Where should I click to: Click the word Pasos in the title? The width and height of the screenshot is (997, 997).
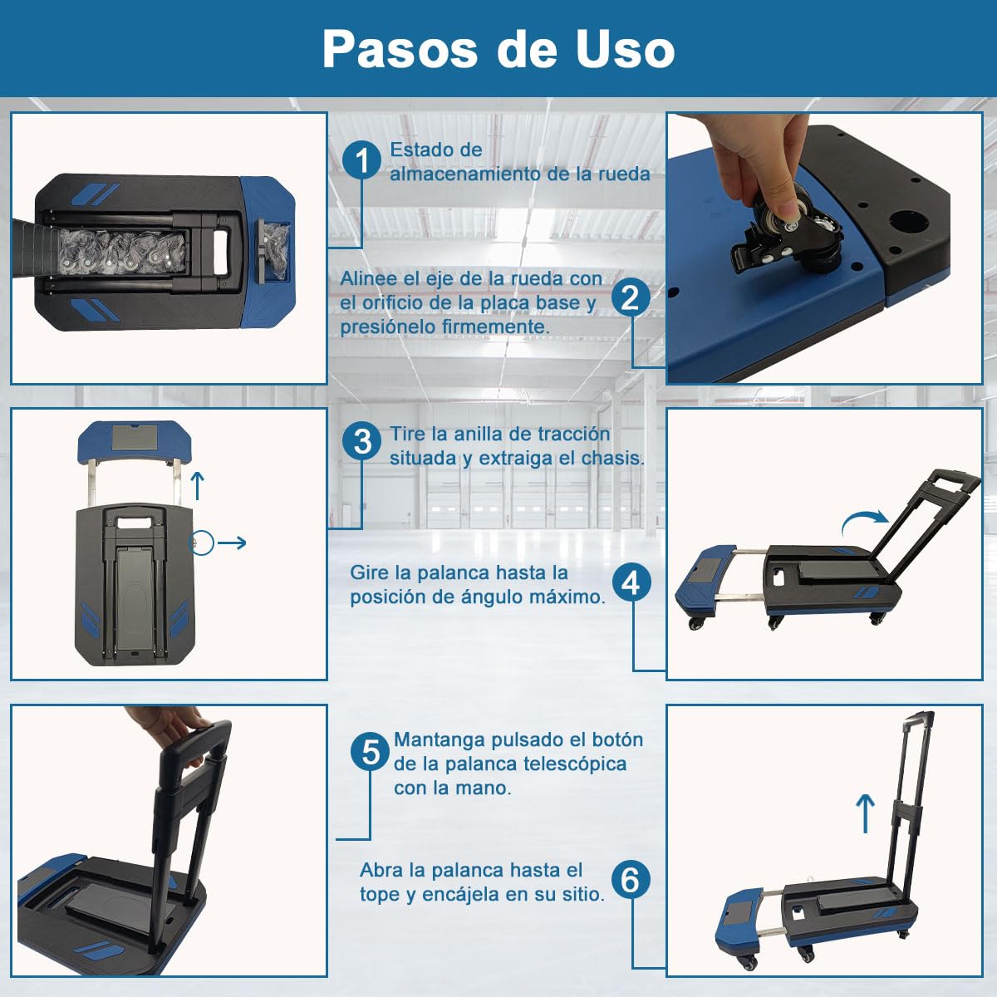400,49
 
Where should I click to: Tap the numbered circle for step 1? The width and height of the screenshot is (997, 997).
362,160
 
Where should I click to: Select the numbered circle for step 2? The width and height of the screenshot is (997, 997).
631,298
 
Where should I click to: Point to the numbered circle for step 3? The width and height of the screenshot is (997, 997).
362,442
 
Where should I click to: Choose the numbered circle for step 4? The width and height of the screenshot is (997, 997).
631,583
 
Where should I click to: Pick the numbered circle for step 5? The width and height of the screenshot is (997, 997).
371,752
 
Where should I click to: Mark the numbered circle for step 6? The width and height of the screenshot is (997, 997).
631,880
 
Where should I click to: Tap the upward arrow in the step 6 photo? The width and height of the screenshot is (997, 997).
865,814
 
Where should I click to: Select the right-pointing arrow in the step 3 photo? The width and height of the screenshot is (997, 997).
231,543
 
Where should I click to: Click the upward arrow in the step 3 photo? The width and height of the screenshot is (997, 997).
198,486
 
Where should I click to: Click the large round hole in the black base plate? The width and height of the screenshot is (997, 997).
910,222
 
